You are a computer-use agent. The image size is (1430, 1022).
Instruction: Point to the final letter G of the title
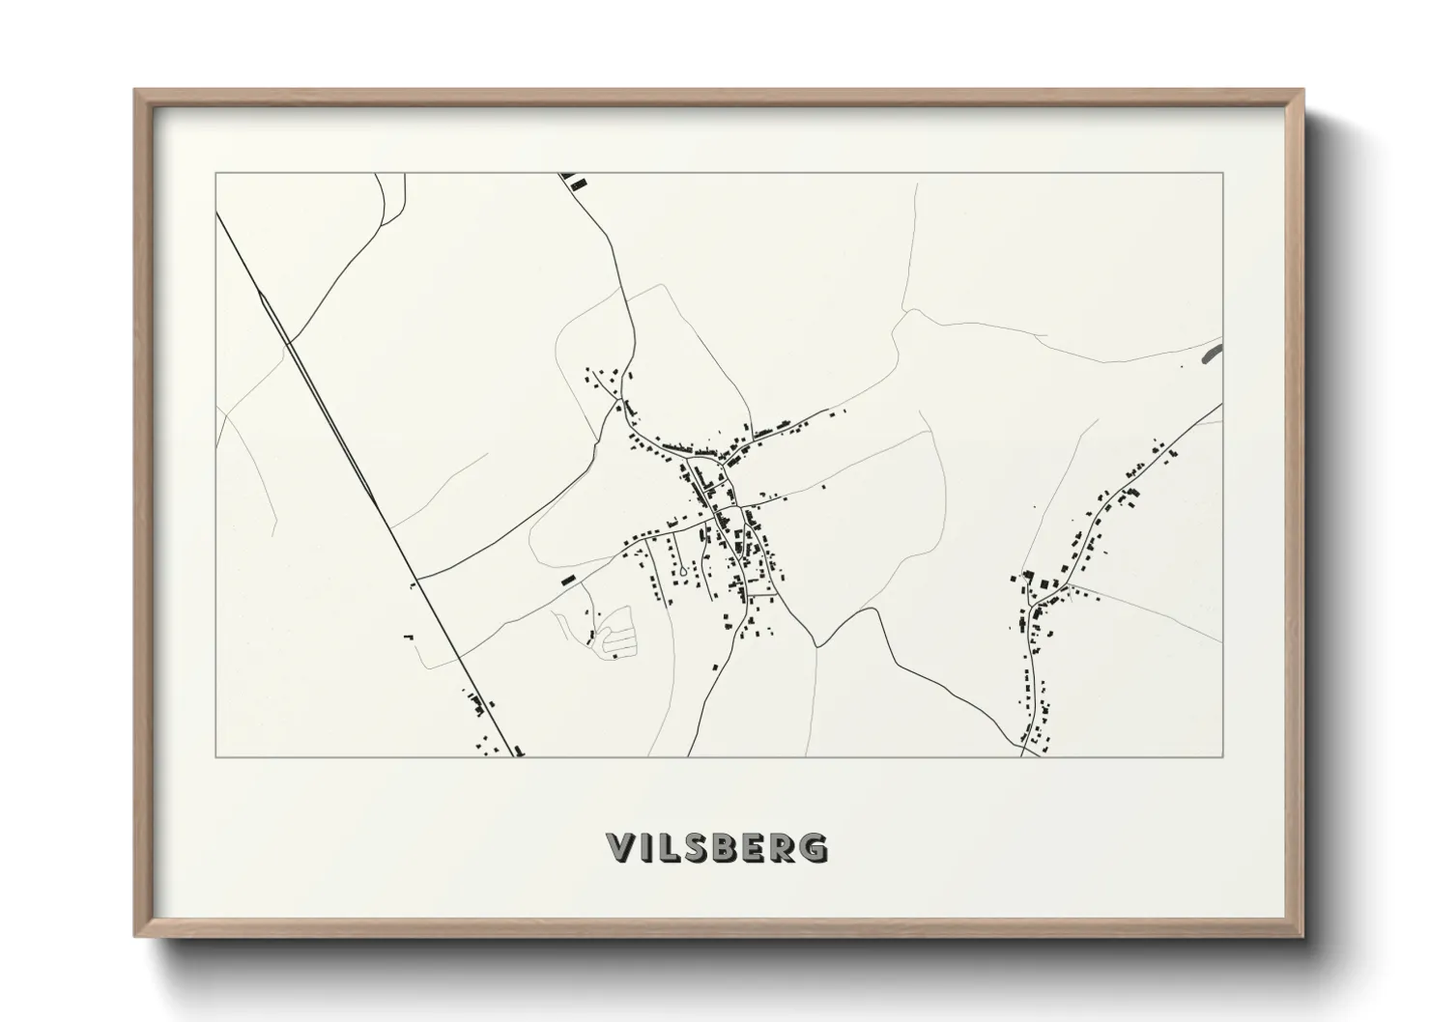click(x=815, y=848)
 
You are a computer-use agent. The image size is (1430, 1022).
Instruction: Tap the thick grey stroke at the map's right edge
click(x=1212, y=352)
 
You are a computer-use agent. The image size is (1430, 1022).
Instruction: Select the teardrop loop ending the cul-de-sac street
click(x=683, y=572)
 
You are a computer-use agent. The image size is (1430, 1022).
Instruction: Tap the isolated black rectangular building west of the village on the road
click(x=568, y=581)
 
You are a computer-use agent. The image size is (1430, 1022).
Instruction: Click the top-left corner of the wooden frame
click(x=136, y=92)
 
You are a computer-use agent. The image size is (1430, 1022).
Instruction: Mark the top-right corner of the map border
click(x=1222, y=174)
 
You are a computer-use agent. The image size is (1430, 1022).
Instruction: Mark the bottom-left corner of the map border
click(x=216, y=756)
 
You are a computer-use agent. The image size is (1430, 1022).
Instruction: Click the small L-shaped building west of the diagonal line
click(x=408, y=637)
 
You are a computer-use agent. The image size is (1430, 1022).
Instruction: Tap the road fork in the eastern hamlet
click(x=1068, y=585)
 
